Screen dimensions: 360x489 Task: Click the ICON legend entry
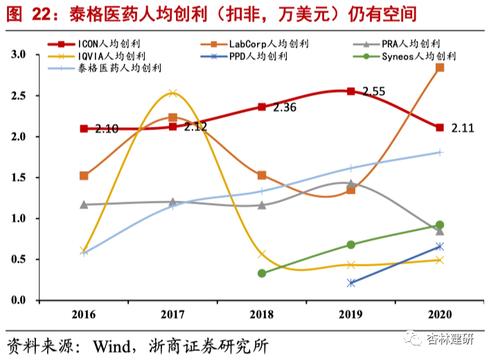pos(107,44)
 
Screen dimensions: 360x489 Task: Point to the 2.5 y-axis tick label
pos(18,96)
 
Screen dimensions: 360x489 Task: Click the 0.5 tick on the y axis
pos(18,260)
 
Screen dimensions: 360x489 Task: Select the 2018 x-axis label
pos(262,316)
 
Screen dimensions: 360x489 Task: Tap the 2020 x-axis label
pos(440,316)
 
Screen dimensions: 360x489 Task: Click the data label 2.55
pos(373,91)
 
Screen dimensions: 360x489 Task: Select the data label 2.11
pos(462,127)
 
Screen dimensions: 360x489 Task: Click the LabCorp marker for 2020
pos(440,68)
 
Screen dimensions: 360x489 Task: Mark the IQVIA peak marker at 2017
pos(173,93)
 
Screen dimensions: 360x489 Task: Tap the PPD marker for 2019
pos(351,283)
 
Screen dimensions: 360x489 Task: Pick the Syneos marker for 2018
pos(262,273)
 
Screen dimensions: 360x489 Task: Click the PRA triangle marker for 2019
pos(351,184)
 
